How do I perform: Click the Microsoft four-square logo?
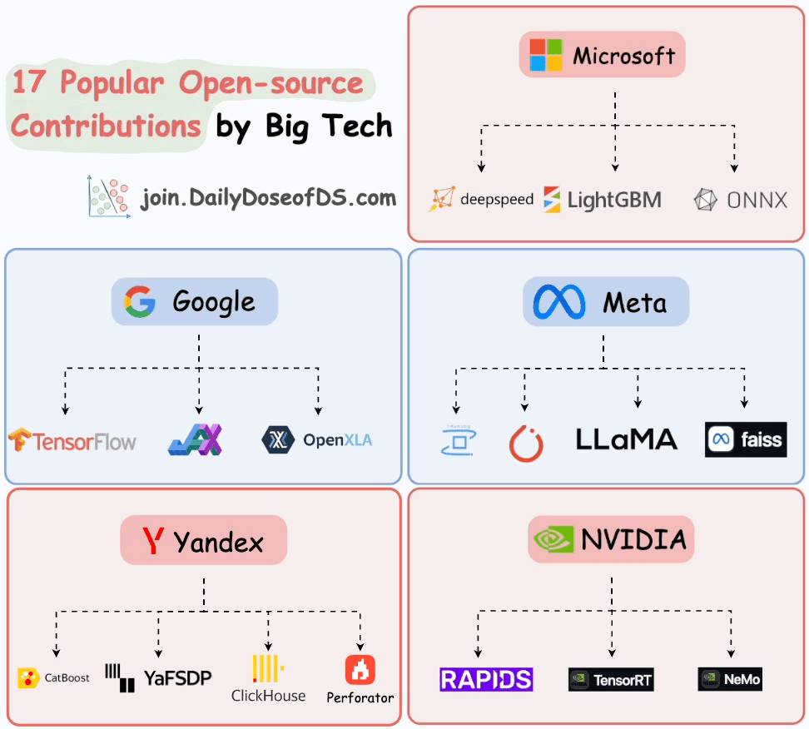(x=547, y=56)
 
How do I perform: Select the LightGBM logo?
(x=603, y=200)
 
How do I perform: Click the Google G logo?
(x=140, y=301)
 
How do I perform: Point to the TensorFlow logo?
(x=72, y=440)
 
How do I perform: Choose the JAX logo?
(x=196, y=439)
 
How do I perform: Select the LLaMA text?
(x=627, y=439)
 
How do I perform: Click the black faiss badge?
(x=745, y=439)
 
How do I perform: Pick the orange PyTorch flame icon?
(x=526, y=444)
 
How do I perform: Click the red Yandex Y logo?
(x=152, y=542)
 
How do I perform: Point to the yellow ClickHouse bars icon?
(x=268, y=669)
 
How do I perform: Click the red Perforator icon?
(x=360, y=670)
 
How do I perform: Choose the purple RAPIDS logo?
(x=486, y=679)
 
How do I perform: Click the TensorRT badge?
(x=611, y=680)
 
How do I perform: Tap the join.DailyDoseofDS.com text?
(x=268, y=199)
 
